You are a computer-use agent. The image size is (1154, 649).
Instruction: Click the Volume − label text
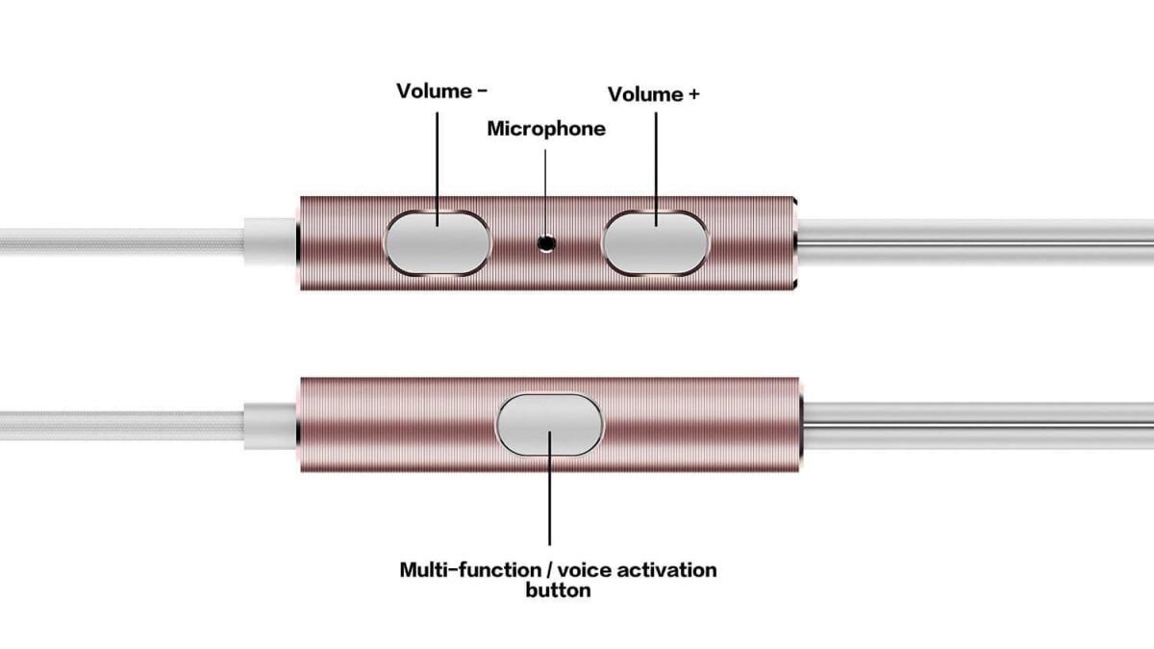pos(441,91)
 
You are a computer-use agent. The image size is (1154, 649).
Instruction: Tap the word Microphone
pos(546,129)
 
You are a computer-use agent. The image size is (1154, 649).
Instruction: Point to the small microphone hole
pos(548,244)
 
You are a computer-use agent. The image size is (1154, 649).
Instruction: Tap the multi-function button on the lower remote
pos(549,425)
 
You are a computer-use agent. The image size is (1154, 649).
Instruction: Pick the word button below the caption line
pos(558,590)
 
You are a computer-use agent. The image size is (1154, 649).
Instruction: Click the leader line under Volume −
pos(438,163)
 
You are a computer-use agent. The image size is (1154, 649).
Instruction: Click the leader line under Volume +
pos(656,163)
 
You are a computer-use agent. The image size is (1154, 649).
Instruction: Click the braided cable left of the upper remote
pos(115,241)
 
